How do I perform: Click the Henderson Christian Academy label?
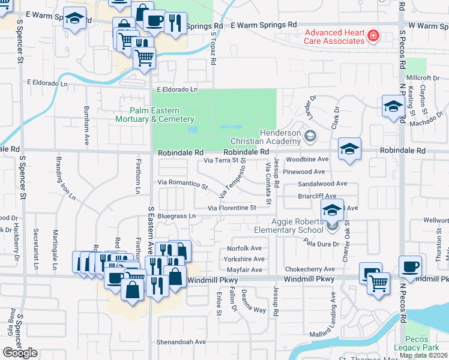coord(280,137)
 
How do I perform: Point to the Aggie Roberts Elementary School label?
coord(297,226)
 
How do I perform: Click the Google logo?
coord(20,353)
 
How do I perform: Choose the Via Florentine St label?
coord(232,208)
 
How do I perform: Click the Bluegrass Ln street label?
coord(177,216)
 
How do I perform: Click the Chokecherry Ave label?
coord(310,269)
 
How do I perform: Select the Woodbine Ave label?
coord(307,160)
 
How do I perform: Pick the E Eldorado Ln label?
coord(177,89)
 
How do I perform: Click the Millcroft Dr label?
coord(423,78)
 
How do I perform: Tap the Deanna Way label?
coord(253,310)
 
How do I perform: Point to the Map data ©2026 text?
coord(424,355)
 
